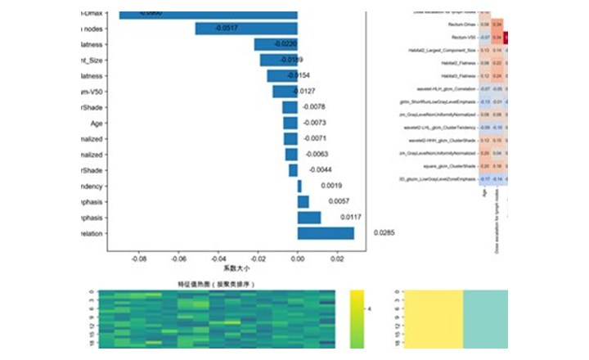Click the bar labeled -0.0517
[x=246, y=29]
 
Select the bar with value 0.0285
[x=326, y=233]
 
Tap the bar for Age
[x=290, y=123]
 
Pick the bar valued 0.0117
[x=309, y=218]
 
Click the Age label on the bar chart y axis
[x=96, y=123]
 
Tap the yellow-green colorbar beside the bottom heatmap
[x=354, y=319]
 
